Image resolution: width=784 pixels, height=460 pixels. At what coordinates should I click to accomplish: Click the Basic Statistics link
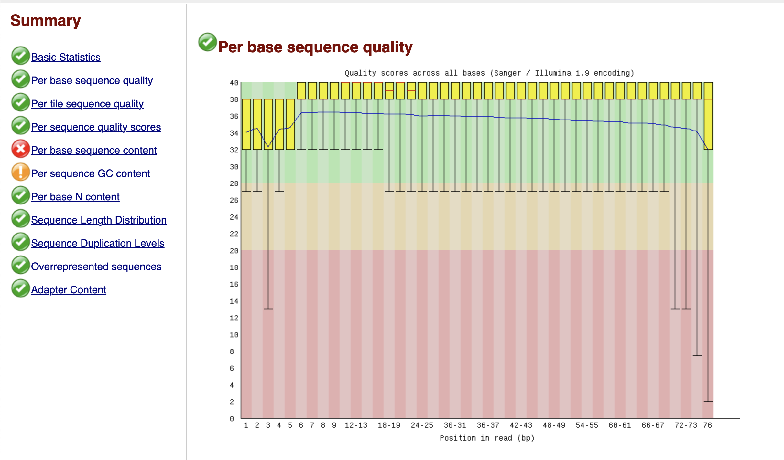tap(66, 57)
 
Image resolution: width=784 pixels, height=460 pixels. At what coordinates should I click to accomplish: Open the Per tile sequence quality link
tap(87, 104)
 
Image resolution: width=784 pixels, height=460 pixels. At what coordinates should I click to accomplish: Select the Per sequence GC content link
tap(90, 173)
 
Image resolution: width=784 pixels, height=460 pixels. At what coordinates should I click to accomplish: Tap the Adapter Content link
tap(69, 290)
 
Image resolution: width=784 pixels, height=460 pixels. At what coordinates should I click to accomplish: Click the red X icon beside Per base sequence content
tap(20, 149)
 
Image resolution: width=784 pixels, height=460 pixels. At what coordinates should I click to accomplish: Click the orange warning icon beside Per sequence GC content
tap(20, 172)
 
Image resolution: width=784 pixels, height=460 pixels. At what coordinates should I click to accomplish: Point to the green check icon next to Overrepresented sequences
tap(20, 265)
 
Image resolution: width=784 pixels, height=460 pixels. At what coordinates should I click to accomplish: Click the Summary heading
tap(46, 21)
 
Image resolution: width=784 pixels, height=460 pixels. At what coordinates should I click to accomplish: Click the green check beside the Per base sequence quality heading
tap(207, 42)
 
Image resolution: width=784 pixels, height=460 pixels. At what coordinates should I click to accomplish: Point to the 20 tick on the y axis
tap(234, 251)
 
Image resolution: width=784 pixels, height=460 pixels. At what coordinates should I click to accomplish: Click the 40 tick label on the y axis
tap(234, 83)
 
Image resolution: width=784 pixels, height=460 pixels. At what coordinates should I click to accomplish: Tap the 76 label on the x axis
tap(708, 425)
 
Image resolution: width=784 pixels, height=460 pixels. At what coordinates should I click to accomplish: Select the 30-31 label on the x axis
tap(455, 425)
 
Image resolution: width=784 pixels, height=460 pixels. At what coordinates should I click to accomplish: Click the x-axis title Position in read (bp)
tap(487, 438)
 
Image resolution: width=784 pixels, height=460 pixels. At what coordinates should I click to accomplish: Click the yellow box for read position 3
tap(268, 124)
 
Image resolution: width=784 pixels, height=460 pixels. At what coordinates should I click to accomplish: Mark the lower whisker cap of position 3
tap(268, 309)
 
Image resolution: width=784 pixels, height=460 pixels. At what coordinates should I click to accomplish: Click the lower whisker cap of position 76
tap(708, 401)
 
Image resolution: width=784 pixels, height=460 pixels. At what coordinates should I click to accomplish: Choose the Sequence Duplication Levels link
tap(97, 243)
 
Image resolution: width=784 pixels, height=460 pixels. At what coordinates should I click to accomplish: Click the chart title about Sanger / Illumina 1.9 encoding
tap(489, 73)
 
